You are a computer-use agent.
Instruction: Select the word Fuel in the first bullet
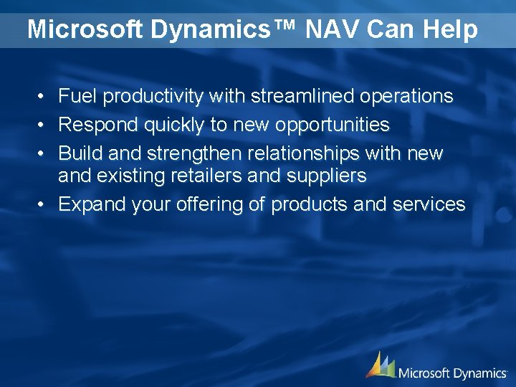coord(74,96)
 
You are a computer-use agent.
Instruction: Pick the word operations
coord(407,96)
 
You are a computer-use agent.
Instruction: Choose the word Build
coord(78,153)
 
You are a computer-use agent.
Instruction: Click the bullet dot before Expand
coord(43,205)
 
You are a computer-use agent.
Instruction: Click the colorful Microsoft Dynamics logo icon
coord(380,365)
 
